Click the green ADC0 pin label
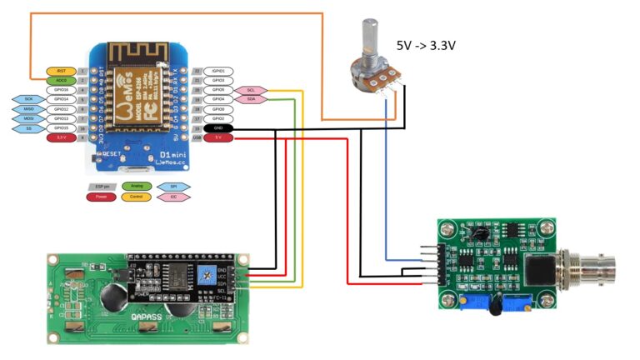61,80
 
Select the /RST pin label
61,72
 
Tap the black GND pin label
218,128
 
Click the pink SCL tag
251,90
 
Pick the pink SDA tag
251,99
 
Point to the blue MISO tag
28,109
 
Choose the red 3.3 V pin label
61,137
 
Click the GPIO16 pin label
61,90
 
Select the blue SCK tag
28,99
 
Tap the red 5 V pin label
218,137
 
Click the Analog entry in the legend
137,187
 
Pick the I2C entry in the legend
173,197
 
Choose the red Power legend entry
100,197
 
